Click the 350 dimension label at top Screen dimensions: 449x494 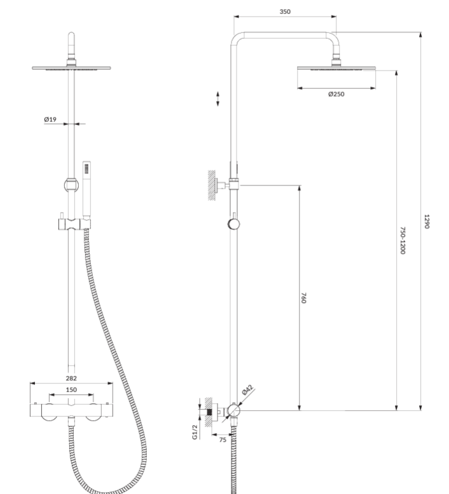point(285,11)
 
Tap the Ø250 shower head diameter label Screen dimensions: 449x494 point(336,94)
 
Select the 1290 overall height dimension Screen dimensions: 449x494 point(427,222)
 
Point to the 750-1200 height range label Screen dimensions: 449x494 point(403,240)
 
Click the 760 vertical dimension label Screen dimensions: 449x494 point(303,298)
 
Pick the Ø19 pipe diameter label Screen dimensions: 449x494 point(50,119)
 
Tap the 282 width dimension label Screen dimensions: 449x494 point(71,378)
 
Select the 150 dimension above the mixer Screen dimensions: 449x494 point(71,390)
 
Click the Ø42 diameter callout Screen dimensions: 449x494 point(247,390)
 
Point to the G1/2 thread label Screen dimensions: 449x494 point(195,432)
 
